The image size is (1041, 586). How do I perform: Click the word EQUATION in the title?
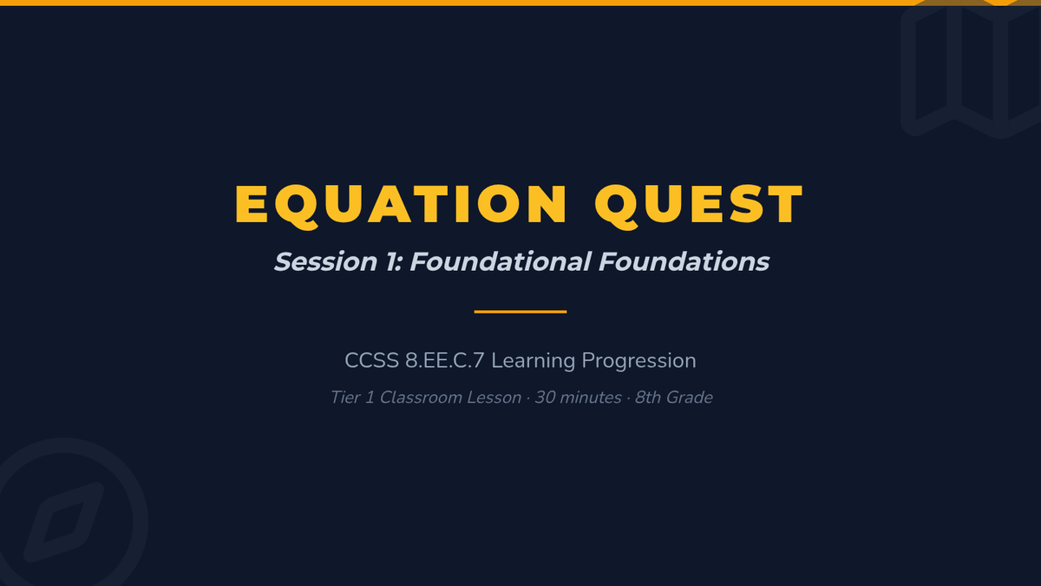401,205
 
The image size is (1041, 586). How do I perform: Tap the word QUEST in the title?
699,205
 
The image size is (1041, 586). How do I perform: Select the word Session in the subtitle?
326,261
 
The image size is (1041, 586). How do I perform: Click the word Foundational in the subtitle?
500,261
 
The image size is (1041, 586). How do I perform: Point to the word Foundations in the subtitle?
684,261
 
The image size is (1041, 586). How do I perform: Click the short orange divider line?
520,312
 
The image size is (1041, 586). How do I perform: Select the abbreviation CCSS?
372,360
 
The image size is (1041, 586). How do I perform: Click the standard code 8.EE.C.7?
445,360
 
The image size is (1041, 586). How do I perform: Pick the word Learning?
533,361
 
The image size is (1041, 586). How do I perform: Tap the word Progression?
639,361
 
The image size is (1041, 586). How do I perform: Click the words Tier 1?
352,398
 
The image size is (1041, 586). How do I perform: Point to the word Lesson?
494,398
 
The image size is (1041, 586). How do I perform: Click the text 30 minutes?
578,398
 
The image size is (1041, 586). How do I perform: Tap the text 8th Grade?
674,398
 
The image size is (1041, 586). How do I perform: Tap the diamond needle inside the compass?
63,523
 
